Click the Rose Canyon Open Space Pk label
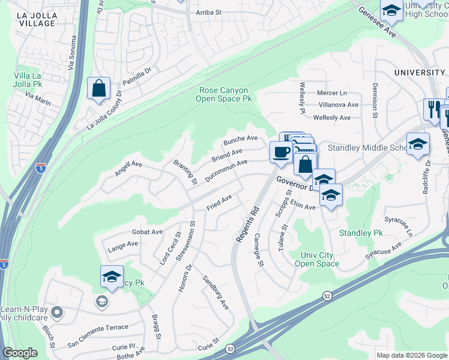pyautogui.click(x=223, y=94)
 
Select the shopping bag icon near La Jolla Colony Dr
pyautogui.click(x=97, y=88)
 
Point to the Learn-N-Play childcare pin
pyautogui.click(x=57, y=312)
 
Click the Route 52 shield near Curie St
pyautogui.click(x=231, y=349)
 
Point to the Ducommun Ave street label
pyautogui.click(x=226, y=170)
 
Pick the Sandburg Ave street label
pyautogui.click(x=215, y=292)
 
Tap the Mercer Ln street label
pyautogui.click(x=332, y=93)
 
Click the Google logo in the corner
pyautogui.click(x=20, y=353)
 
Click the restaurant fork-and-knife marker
pyautogui.click(x=432, y=109)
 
